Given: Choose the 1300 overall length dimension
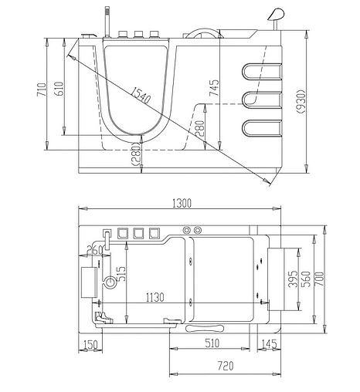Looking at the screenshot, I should tap(184, 203).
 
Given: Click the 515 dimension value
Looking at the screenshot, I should tap(120, 273).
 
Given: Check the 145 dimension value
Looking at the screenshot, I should tap(270, 344).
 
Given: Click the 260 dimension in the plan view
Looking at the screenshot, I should tap(96, 250).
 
